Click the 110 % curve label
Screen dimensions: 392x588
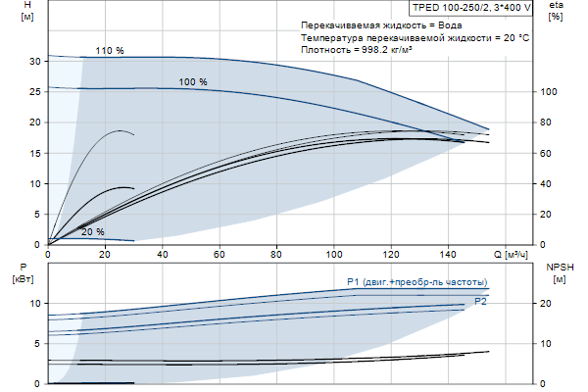pyautogui.click(x=110, y=50)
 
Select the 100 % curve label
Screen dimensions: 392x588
pyautogui.click(x=194, y=82)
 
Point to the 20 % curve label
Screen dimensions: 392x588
pyautogui.click(x=93, y=232)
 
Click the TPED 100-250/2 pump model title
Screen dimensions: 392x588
pyautogui.click(x=472, y=7)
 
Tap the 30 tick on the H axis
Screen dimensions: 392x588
pyautogui.click(x=35, y=61)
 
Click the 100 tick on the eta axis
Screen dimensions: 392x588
pyautogui.click(x=549, y=92)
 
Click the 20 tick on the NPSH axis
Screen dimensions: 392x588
pyautogui.click(x=549, y=304)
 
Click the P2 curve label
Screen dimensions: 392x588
pyautogui.click(x=480, y=302)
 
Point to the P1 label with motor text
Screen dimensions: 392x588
pyautogui.click(x=416, y=282)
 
